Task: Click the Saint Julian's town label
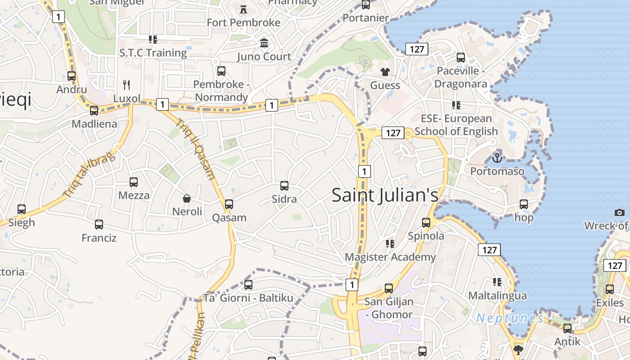pos(385,195)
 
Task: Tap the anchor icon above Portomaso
pos(497,158)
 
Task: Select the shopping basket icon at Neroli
pos(186,198)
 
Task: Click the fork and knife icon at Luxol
pos(127,85)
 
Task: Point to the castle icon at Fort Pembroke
pos(243,9)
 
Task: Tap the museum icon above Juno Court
pos(264,43)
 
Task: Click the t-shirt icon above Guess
pos(385,72)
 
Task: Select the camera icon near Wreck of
pos(620,212)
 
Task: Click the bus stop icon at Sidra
pos(284,185)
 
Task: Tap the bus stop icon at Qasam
pos(229,204)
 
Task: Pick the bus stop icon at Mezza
pos(134,182)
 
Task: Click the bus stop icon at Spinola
pos(426,222)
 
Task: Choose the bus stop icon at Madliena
pos(94,110)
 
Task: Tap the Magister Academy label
pos(390,257)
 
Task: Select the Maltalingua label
pos(497,296)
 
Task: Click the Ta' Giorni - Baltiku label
pos(248,298)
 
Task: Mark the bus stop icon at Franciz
pos(99,224)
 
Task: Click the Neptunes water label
pos(510,319)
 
